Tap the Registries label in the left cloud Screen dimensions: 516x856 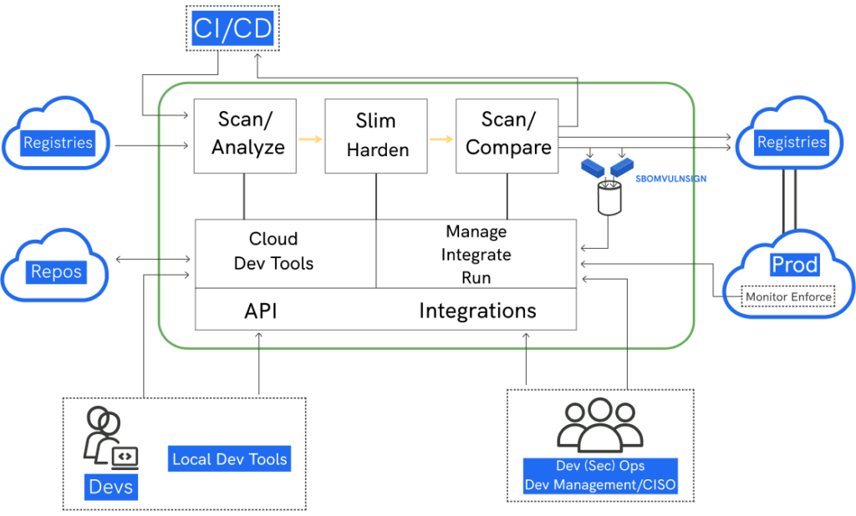point(58,143)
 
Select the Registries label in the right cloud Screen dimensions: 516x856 point(791,142)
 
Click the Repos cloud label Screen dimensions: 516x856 point(57,271)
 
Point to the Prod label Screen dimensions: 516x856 point(794,266)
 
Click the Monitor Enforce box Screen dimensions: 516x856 point(788,296)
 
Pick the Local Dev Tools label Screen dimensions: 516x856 point(230,458)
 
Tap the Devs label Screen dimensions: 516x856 point(110,486)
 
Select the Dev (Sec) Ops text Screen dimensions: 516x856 point(600,465)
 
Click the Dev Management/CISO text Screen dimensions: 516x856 point(600,484)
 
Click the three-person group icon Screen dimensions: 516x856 point(600,425)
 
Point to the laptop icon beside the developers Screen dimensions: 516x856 point(125,456)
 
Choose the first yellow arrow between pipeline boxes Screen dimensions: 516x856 point(310,139)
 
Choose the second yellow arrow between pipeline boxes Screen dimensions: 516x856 point(441,139)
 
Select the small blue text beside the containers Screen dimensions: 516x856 point(670,179)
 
